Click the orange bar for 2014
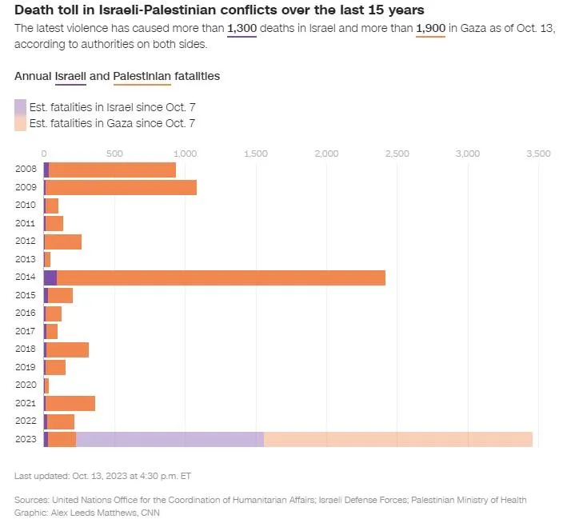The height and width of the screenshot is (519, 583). (x=221, y=277)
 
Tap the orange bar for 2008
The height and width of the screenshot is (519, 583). (x=112, y=170)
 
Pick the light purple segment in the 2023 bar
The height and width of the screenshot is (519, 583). (x=170, y=439)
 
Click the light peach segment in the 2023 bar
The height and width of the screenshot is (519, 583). (x=397, y=439)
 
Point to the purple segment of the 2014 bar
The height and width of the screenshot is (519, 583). (x=50, y=277)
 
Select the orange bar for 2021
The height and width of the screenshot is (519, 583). (x=70, y=403)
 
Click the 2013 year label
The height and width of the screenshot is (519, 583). (x=25, y=259)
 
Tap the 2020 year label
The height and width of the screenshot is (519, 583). (x=25, y=385)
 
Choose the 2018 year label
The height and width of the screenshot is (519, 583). (x=25, y=349)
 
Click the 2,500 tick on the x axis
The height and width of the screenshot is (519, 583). (x=397, y=153)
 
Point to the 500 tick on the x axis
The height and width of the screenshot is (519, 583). (x=114, y=153)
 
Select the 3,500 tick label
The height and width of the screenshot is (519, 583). (x=537, y=153)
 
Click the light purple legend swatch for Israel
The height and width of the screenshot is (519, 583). (x=20, y=107)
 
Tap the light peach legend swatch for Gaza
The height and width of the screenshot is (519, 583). (x=20, y=123)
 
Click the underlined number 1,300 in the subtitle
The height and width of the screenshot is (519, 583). (x=242, y=28)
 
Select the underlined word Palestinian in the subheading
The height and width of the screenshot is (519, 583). (x=142, y=76)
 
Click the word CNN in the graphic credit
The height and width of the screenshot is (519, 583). (x=149, y=512)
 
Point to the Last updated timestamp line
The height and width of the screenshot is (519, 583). (x=102, y=476)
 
